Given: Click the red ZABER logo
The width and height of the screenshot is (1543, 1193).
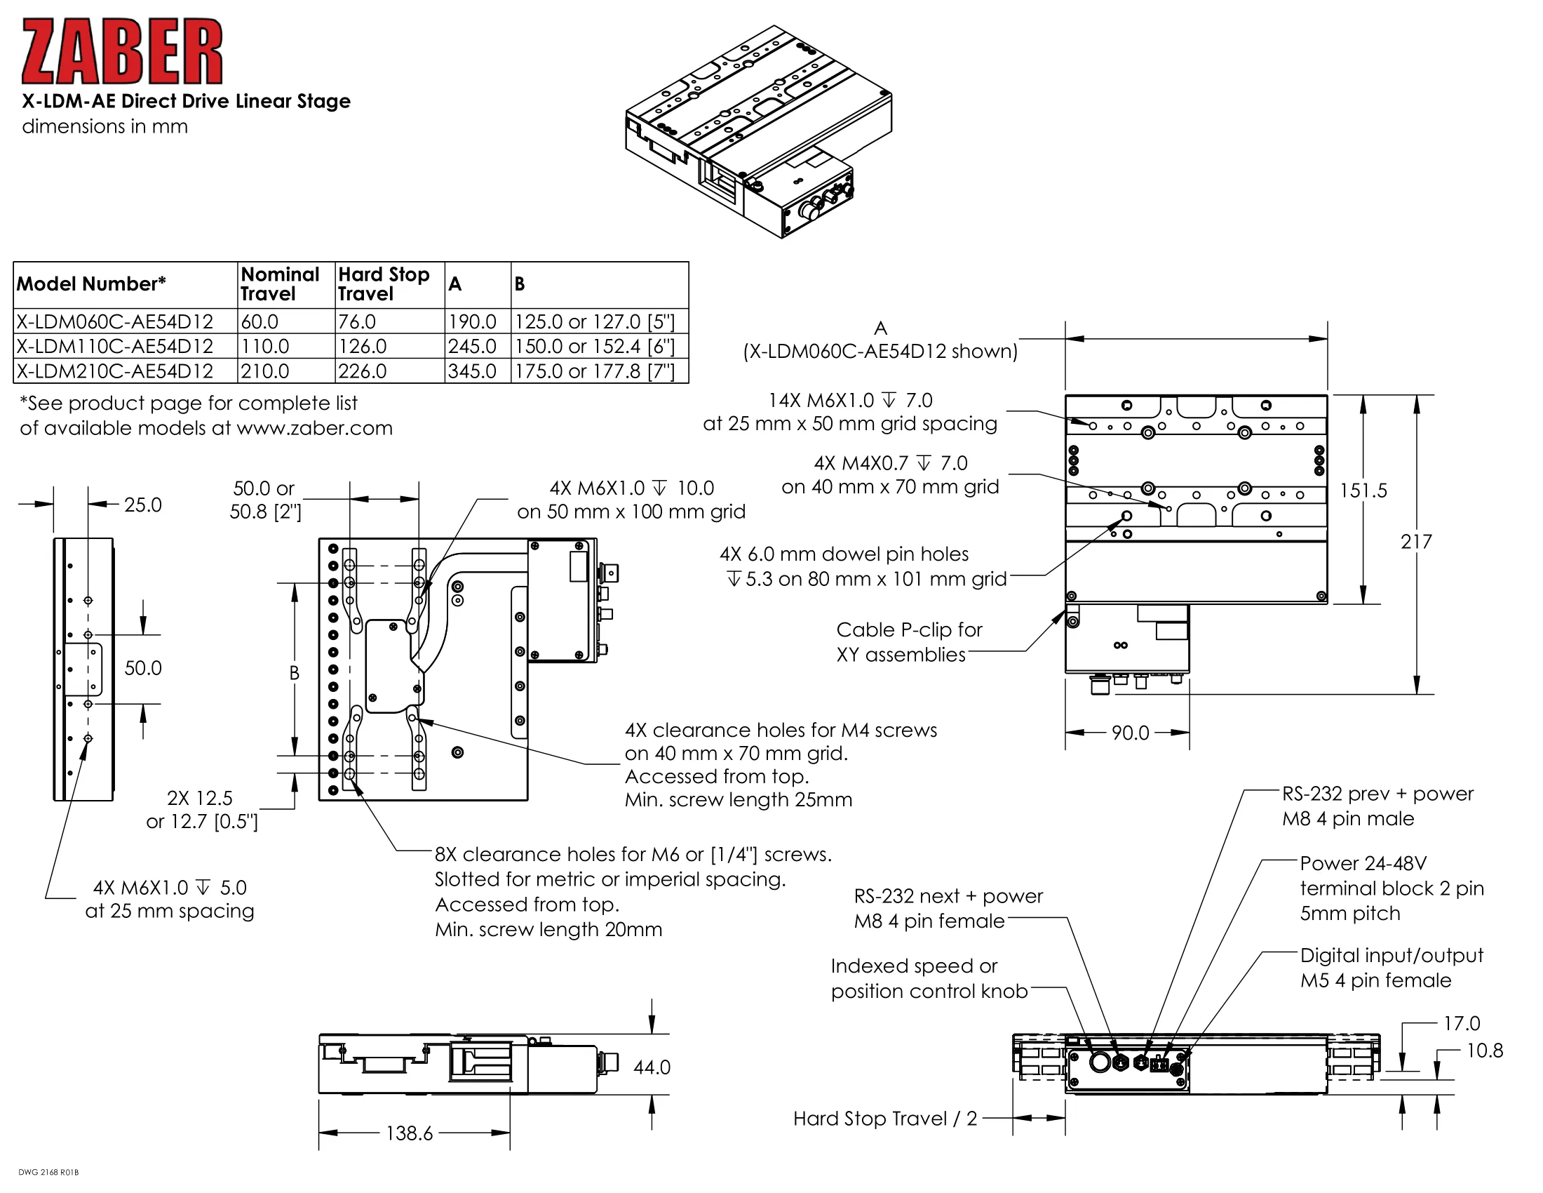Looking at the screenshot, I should pos(121,52).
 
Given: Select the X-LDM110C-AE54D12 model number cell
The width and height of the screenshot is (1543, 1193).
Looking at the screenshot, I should pos(114,346).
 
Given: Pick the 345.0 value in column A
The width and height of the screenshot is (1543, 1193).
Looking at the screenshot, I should pos(472,371).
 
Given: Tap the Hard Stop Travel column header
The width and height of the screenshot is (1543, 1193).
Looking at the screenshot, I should pos(384,284).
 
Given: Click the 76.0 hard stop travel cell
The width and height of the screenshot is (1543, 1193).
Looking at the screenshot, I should pos(357,321).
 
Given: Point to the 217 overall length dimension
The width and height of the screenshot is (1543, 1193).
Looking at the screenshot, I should pos(1416,541).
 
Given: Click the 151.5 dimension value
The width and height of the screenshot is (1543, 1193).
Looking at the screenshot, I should pos(1363,491).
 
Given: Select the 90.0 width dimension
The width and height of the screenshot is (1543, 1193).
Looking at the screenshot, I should pos(1130,733).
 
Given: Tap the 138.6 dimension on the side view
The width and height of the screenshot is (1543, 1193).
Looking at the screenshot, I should pos(409,1133).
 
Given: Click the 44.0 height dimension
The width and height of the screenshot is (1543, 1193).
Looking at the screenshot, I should pos(652,1067).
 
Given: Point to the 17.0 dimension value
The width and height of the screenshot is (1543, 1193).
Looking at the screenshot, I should pos(1461,1023).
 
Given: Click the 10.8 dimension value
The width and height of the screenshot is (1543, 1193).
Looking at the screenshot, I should pos(1484,1051).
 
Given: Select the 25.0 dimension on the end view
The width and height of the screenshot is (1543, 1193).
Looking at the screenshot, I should pos(142,505).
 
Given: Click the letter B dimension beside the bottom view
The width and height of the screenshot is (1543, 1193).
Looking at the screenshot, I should pos(295,673).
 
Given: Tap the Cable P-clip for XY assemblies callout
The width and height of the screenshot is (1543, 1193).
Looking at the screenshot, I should pos(908,641).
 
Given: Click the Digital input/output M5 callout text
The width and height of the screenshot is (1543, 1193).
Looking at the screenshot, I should pos(1391,968).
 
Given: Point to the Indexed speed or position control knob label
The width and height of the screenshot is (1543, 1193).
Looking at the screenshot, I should pos(929,978).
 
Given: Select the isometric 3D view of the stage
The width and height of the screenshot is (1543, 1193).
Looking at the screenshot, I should pos(758,132).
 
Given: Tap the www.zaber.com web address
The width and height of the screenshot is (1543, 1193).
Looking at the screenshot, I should pos(314,428).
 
